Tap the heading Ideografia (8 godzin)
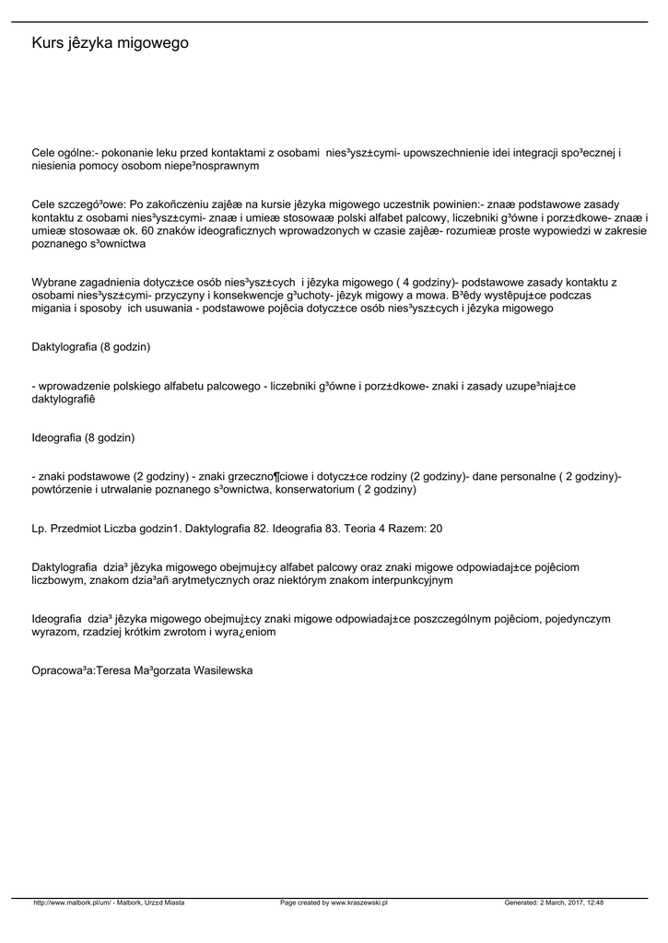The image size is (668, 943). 83,437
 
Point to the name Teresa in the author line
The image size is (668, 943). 114,671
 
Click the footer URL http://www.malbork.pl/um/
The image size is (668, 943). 73,903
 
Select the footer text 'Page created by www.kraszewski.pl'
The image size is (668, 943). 334,903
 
